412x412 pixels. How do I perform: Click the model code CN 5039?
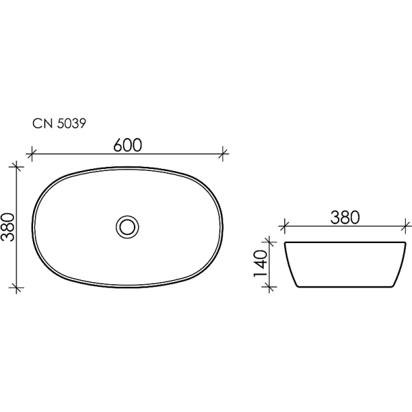(58, 124)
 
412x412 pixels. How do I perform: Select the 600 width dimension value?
(127, 145)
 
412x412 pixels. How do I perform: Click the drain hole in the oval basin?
(127, 225)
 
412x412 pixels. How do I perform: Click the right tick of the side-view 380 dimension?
(407, 225)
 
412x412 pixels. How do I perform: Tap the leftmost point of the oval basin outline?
(33, 227)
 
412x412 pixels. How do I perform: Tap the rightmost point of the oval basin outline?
(221, 227)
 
